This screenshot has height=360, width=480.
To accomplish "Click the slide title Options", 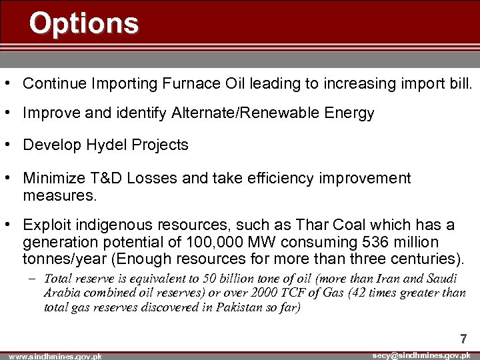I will coord(84,23).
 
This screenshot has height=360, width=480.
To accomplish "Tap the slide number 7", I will coord(463,339).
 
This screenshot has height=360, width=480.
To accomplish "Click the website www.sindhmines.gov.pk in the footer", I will coord(51,357).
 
